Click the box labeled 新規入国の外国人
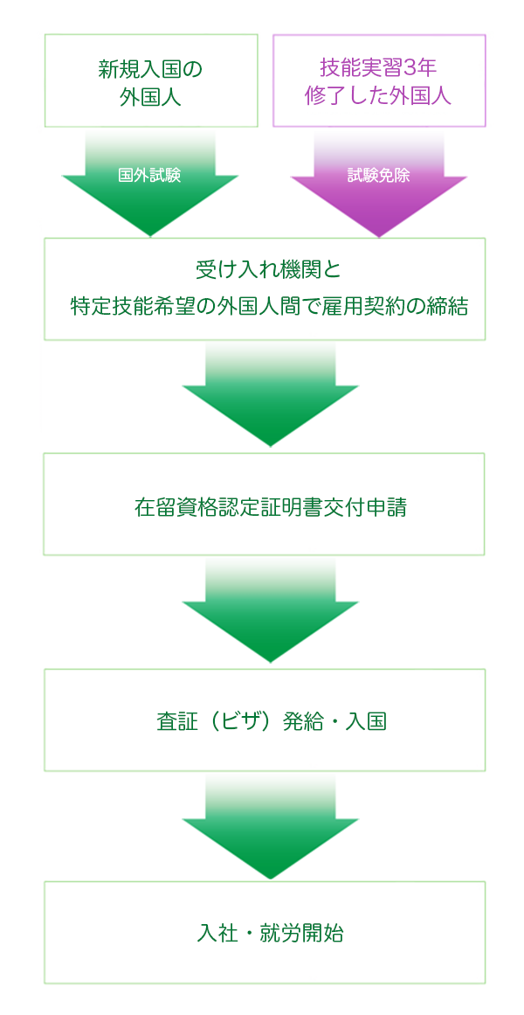(151, 80)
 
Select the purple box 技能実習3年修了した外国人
(379, 80)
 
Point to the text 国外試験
(149, 175)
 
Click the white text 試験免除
(378, 175)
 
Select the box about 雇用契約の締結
(264, 289)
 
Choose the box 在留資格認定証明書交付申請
(264, 504)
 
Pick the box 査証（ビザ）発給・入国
(264, 720)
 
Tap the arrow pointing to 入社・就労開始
(270, 831)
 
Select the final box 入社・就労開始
(264, 933)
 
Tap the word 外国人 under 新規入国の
(150, 96)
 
